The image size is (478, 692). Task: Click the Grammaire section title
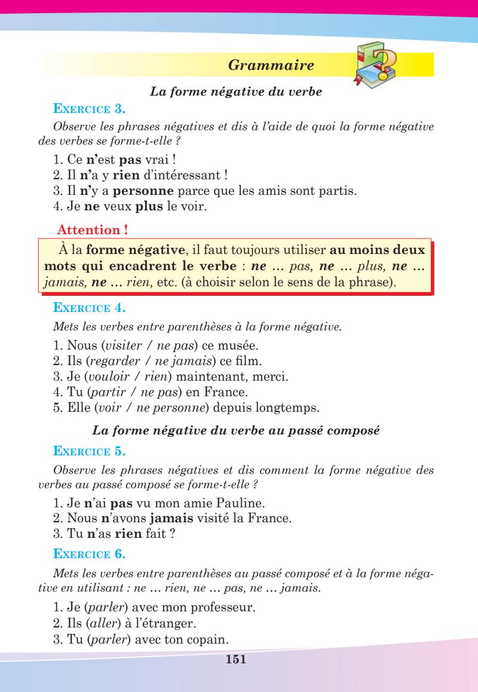(271, 65)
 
